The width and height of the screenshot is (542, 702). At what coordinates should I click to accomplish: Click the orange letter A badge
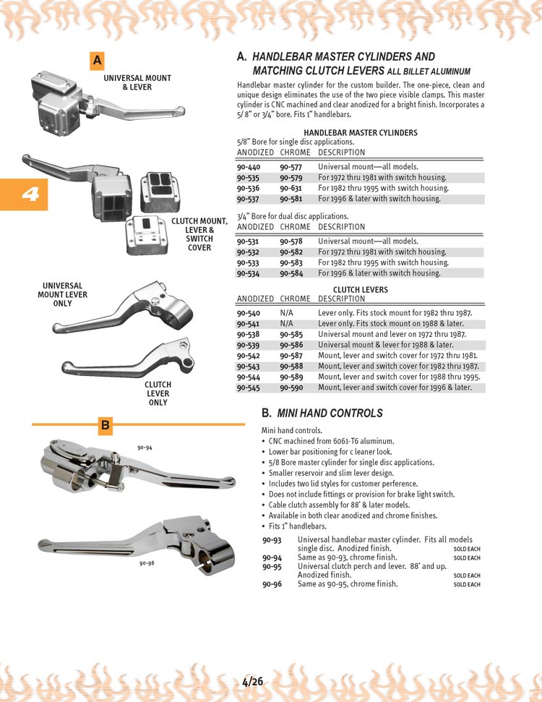coord(97,61)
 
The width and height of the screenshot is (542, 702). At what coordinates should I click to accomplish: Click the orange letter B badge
coord(105,426)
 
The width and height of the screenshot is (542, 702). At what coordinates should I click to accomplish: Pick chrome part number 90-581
coord(291,199)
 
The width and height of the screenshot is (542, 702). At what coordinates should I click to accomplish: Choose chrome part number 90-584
coord(291,273)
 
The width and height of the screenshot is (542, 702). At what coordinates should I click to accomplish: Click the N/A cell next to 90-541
coord(286,324)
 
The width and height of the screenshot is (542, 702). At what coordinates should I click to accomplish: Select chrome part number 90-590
coord(291,388)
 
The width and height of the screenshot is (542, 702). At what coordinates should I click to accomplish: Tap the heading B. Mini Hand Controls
coord(322,414)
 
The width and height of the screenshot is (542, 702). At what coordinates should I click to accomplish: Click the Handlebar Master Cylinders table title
coord(360,133)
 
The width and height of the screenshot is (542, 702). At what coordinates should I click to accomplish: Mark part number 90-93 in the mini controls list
coord(272,540)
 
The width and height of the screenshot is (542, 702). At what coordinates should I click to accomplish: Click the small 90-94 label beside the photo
coord(145,448)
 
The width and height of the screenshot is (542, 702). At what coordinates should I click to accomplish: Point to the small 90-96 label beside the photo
coord(147,562)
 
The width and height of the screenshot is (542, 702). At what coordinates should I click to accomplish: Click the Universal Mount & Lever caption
coord(137,82)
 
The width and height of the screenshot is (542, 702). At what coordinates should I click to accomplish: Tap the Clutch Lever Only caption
coord(158,394)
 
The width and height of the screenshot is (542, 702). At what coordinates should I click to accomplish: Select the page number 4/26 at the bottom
coord(252,681)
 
